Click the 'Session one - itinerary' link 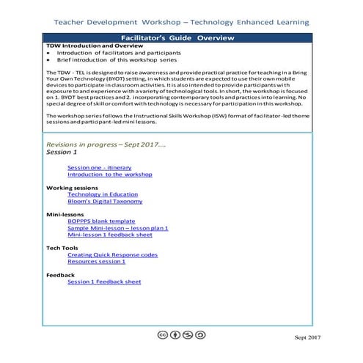(99, 167)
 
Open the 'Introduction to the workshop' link (109, 175)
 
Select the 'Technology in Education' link (103, 194)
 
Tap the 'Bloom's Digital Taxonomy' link (105, 201)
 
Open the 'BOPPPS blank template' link (101, 221)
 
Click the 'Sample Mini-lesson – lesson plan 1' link (117, 228)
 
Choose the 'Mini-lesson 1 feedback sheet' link (109, 235)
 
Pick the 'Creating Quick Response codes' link (112, 254)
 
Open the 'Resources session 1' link (96, 261)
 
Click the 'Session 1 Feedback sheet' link (103, 282)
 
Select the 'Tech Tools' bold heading (62, 248)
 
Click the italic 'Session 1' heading (62, 153)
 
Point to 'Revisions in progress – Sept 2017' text (106, 144)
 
